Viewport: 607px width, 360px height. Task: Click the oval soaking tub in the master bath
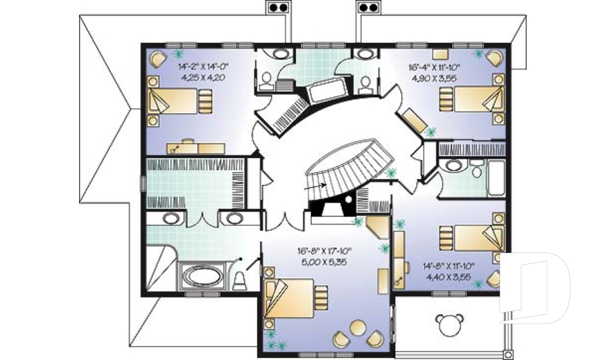(203, 276)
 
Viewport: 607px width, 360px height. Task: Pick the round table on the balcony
(449, 325)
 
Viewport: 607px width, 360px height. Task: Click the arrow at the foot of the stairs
(316, 186)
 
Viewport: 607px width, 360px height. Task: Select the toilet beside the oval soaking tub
(240, 280)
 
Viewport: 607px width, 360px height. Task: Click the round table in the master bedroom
(358, 328)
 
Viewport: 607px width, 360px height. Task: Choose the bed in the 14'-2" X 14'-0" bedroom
(180, 101)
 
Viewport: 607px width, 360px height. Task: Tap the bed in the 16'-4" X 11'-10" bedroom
(472, 99)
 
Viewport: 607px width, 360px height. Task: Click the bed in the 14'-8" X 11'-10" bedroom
(472, 238)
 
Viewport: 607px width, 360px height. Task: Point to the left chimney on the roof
(278, 7)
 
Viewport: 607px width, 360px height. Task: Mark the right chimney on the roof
(368, 7)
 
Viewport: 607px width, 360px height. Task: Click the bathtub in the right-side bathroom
(496, 178)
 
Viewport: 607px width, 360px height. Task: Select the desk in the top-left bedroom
(196, 148)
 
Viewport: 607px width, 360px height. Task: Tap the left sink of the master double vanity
(171, 218)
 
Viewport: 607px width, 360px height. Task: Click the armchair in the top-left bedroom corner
(158, 59)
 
